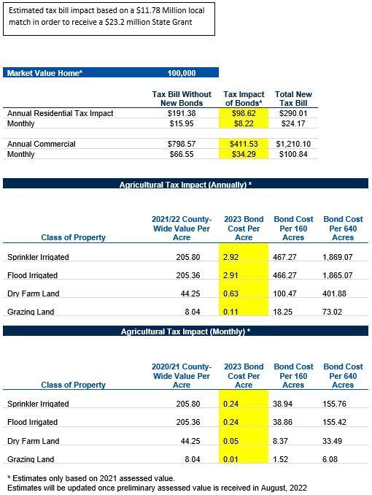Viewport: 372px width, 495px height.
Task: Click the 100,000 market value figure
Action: click(182, 73)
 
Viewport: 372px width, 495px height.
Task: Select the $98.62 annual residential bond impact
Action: click(244, 113)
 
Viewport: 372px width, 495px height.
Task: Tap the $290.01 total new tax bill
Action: click(293, 113)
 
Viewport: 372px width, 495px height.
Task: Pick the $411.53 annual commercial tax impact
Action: click(244, 144)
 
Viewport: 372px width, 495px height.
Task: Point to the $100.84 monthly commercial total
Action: click(293, 154)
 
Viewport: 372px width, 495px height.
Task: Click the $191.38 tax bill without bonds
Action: click(182, 113)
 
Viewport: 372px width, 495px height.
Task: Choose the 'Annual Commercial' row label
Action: click(42, 144)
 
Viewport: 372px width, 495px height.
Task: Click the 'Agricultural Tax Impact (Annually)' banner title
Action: click(185, 185)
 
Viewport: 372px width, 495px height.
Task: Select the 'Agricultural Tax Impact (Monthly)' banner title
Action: click(185, 331)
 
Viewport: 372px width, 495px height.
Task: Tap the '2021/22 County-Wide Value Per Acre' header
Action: click(182, 229)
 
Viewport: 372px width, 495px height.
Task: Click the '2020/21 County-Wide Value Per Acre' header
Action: click(182, 376)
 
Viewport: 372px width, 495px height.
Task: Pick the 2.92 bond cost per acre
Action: click(230, 257)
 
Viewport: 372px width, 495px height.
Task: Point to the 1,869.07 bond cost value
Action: click(337, 257)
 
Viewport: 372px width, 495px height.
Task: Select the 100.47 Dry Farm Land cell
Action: click(284, 293)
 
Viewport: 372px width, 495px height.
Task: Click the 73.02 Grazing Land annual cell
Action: click(332, 312)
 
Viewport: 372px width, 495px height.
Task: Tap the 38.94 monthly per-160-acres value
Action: click(283, 404)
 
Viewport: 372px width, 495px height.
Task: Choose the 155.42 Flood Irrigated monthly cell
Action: click(334, 422)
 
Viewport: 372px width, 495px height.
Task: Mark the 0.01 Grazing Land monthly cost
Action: click(230, 459)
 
